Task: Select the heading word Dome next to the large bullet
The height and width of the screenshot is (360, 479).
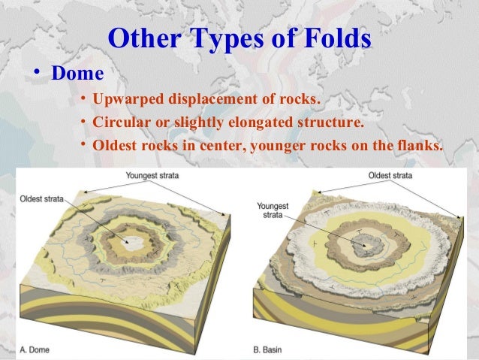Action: click(76, 75)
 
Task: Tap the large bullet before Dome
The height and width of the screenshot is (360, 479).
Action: click(35, 75)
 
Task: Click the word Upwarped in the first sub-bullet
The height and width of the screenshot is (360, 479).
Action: click(125, 101)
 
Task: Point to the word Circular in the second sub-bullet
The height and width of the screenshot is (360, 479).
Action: click(118, 122)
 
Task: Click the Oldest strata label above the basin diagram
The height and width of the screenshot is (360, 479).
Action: click(390, 175)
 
